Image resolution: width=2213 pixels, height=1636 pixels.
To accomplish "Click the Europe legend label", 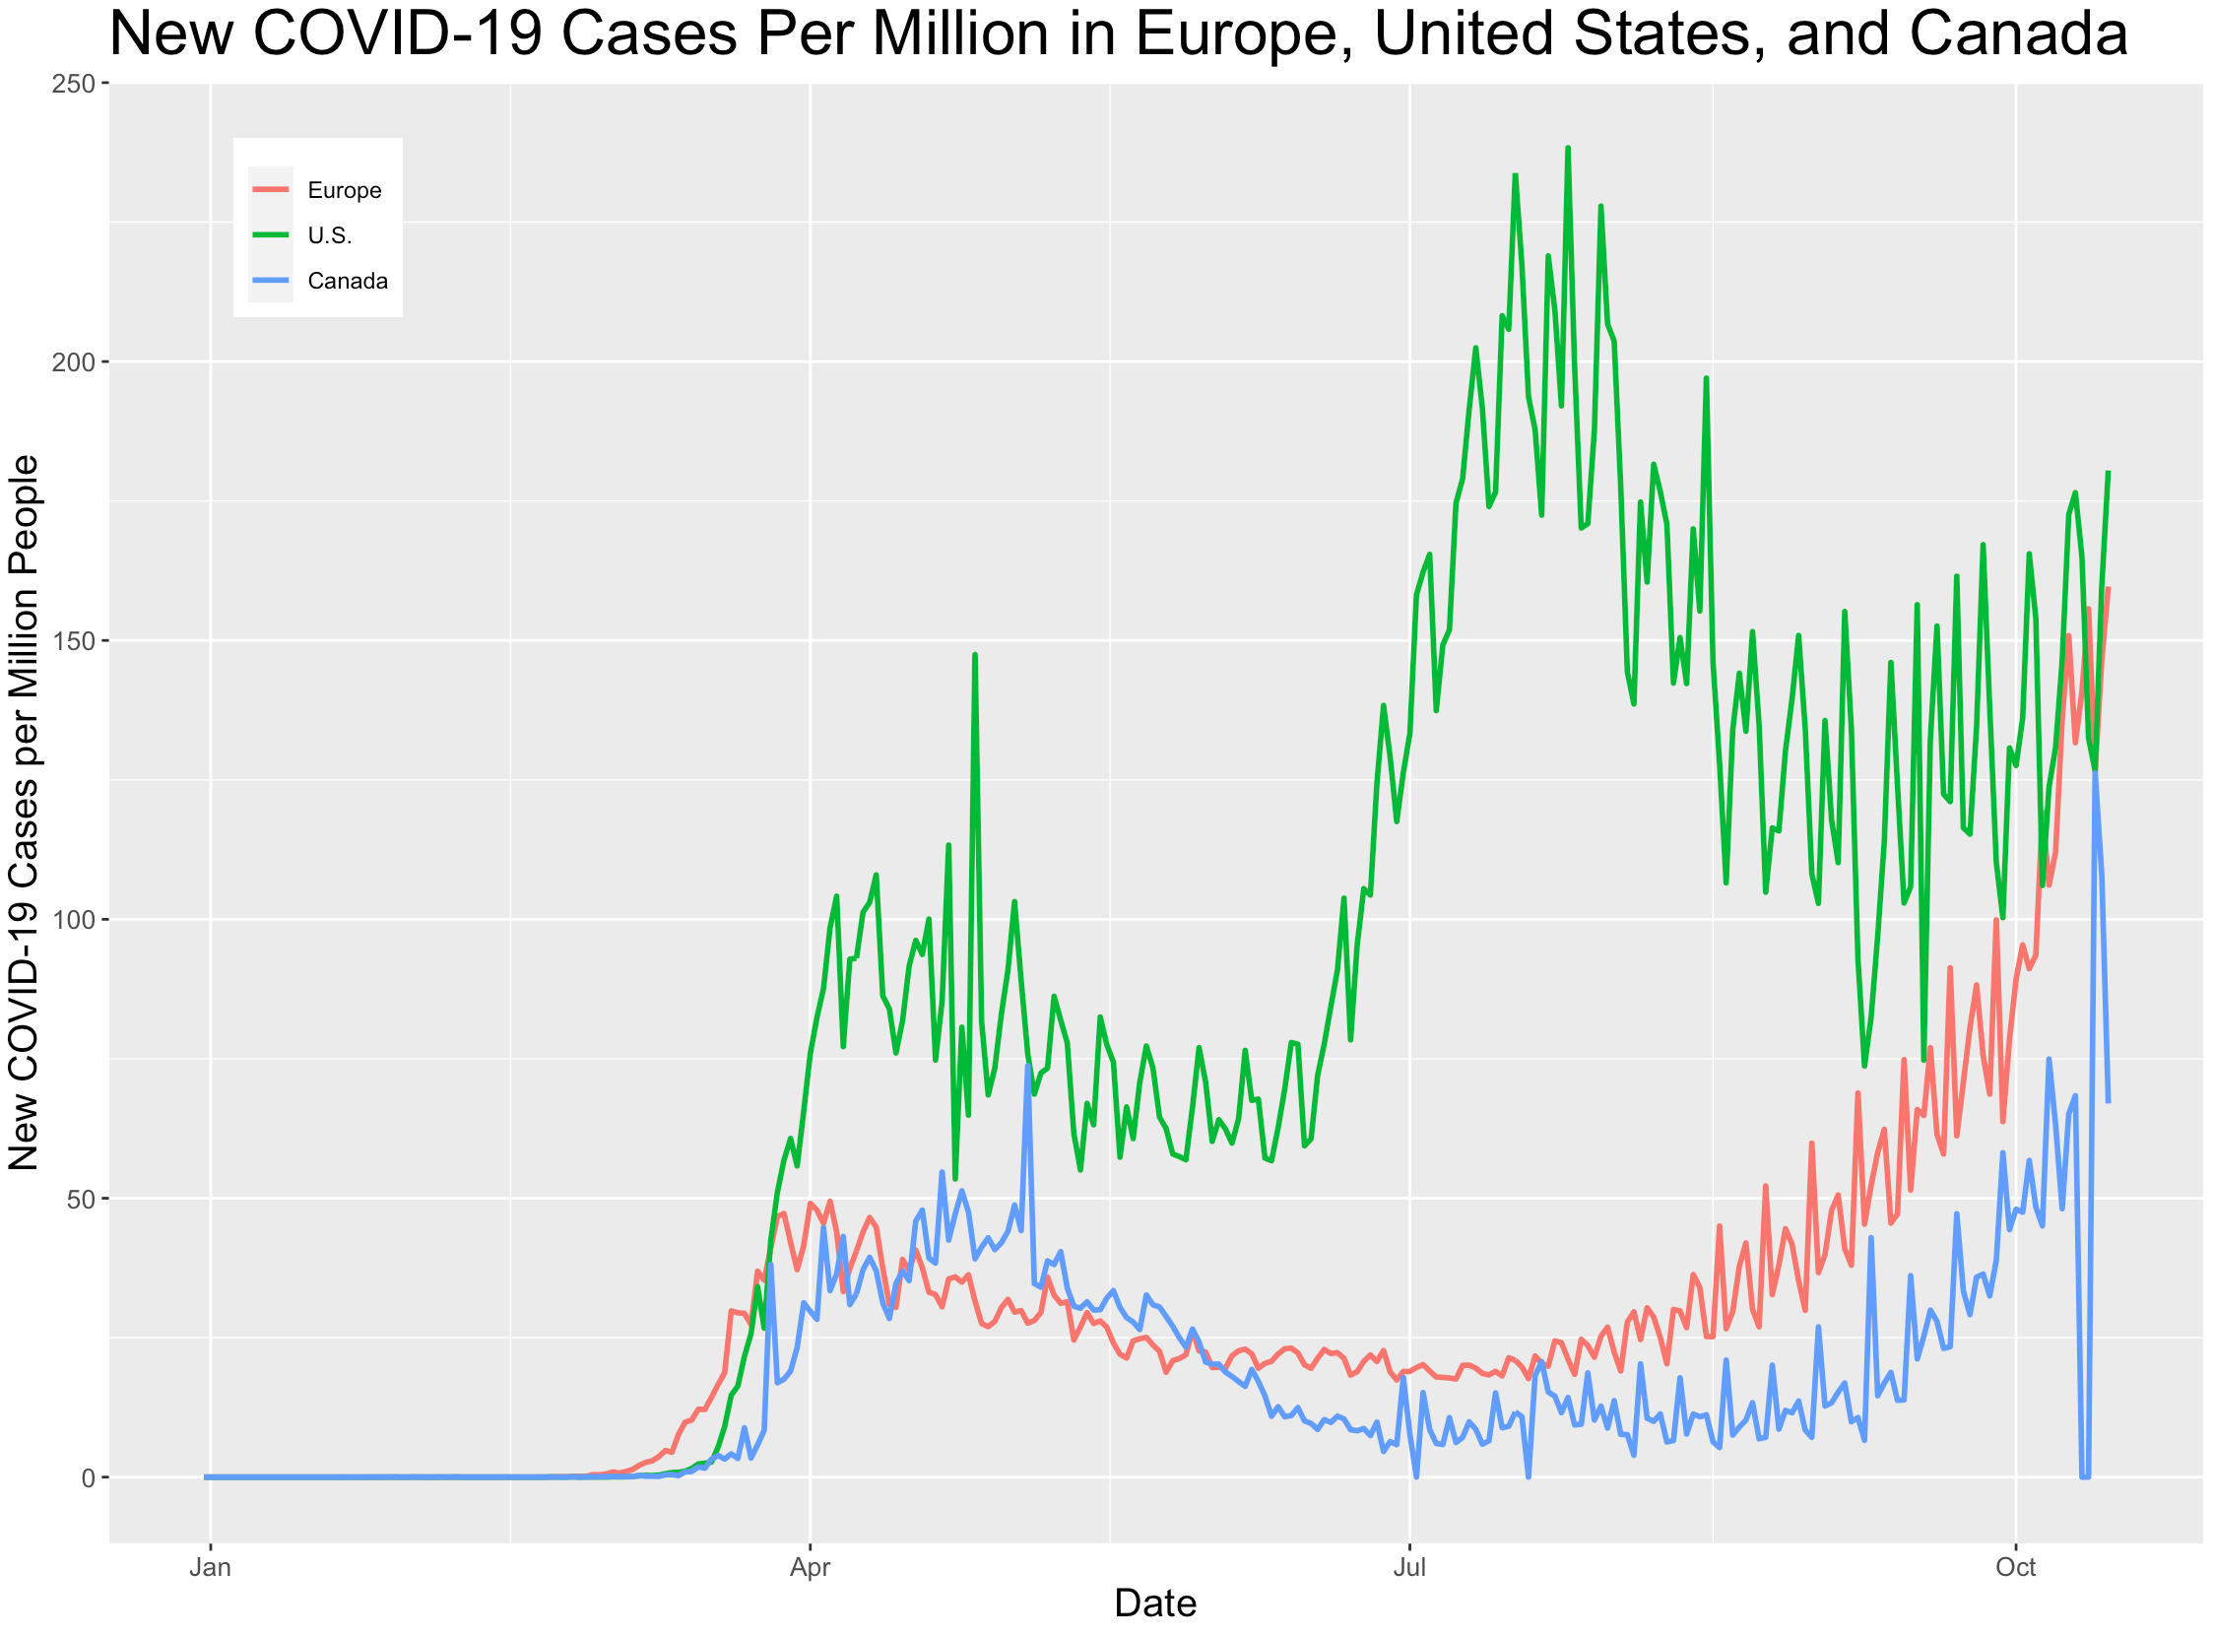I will coord(344,190).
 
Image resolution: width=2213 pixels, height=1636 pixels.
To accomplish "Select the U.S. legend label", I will coord(330,235).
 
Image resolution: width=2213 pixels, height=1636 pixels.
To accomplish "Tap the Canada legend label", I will coord(348,282).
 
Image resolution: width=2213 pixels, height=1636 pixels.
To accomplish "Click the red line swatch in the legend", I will coord(270,189).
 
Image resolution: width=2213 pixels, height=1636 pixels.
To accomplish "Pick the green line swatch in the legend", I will coord(270,234).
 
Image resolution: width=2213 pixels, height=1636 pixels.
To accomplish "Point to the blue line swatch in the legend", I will coord(270,281).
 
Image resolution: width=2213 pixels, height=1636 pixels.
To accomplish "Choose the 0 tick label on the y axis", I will coord(88,1477).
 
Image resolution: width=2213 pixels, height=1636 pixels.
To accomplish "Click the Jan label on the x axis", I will coord(210,1568).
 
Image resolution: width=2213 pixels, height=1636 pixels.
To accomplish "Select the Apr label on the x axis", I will coord(810,1568).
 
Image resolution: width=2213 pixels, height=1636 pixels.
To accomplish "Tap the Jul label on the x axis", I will coord(1409,1568).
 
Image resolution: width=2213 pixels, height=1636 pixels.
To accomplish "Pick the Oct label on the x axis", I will coord(2015,1568).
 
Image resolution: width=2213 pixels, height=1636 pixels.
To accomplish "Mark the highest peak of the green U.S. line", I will coord(1567,149).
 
